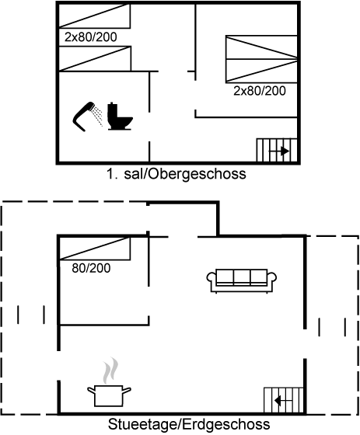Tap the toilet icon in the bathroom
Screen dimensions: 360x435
(120, 117)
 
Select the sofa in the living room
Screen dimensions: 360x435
(241, 280)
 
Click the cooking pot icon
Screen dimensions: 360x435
(109, 396)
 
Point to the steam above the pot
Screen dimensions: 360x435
(110, 371)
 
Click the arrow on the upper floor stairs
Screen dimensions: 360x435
(279, 151)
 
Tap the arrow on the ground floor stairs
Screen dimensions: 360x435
(283, 401)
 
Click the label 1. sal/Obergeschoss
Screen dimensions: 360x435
(176, 174)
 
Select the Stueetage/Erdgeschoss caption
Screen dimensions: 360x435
(189, 424)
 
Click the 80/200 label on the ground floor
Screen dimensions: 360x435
(91, 268)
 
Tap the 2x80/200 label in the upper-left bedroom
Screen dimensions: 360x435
(90, 37)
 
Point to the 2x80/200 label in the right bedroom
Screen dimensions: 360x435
(260, 91)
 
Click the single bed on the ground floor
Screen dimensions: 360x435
(95, 249)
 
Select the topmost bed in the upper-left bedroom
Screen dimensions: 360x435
(95, 16)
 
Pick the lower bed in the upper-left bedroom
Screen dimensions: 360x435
(95, 59)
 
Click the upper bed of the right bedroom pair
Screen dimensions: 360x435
(261, 47)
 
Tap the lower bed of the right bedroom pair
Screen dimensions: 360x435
(261, 71)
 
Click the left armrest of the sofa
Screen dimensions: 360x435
(211, 278)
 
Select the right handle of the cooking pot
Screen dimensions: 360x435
(127, 391)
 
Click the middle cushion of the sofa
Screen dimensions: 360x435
(242, 277)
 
